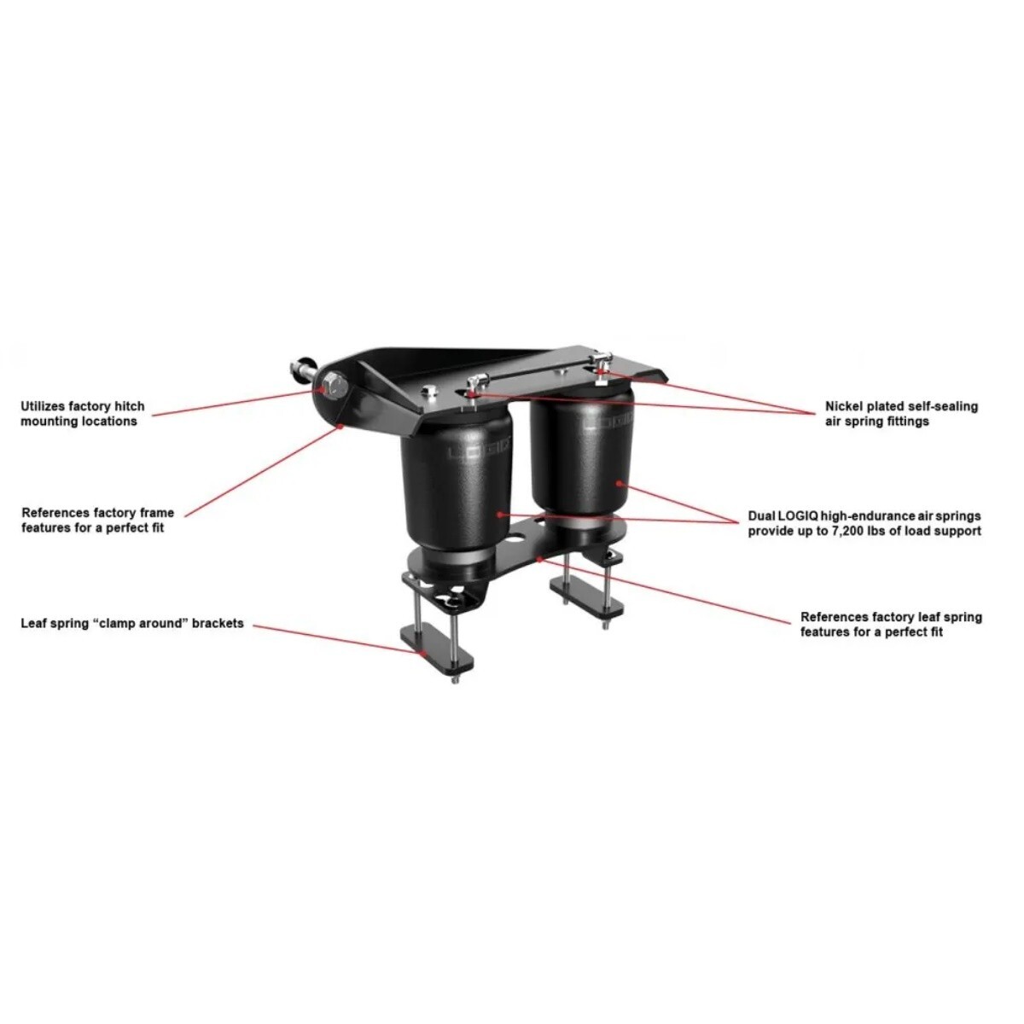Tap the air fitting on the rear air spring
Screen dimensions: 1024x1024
[x=603, y=362]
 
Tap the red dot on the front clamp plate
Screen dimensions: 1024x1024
[x=422, y=652]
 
